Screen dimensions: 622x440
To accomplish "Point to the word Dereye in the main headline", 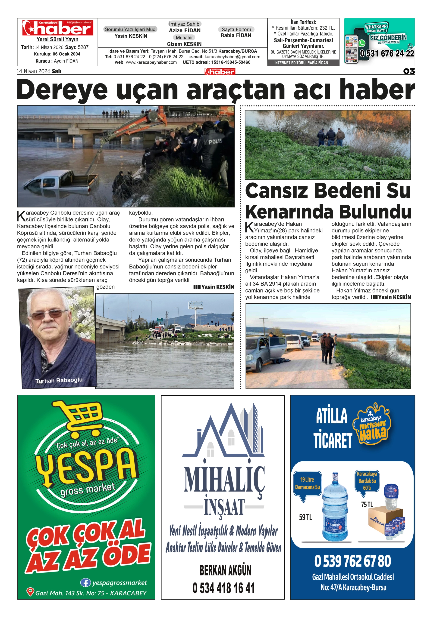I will click(x=62, y=90).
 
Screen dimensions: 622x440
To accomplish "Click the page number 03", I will click(x=409, y=71).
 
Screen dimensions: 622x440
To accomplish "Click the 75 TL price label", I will click(x=367, y=505).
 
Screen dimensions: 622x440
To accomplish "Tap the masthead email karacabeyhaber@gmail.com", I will click(x=232, y=57).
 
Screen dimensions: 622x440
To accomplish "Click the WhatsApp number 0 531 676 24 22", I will click(x=387, y=54).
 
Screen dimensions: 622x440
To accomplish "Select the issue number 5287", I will click(x=83, y=47).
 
